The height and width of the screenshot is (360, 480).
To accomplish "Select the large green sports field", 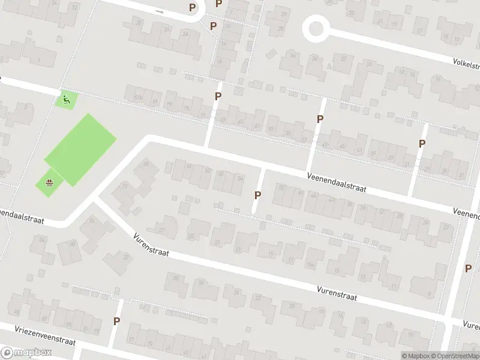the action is (x=80, y=149).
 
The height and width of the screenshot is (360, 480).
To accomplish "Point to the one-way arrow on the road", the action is (x=159, y=11).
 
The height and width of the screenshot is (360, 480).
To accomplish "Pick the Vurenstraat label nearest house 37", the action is (x=151, y=246).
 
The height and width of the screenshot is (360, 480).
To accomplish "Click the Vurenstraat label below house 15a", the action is (x=337, y=293).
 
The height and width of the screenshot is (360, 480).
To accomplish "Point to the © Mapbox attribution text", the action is (x=416, y=356).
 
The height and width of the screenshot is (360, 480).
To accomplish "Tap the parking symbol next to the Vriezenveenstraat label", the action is (x=116, y=321).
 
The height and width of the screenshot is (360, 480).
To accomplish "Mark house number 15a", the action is (x=310, y=265).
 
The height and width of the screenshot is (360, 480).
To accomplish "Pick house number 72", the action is (x=125, y=187).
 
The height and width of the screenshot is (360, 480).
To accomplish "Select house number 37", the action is (x=126, y=257).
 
